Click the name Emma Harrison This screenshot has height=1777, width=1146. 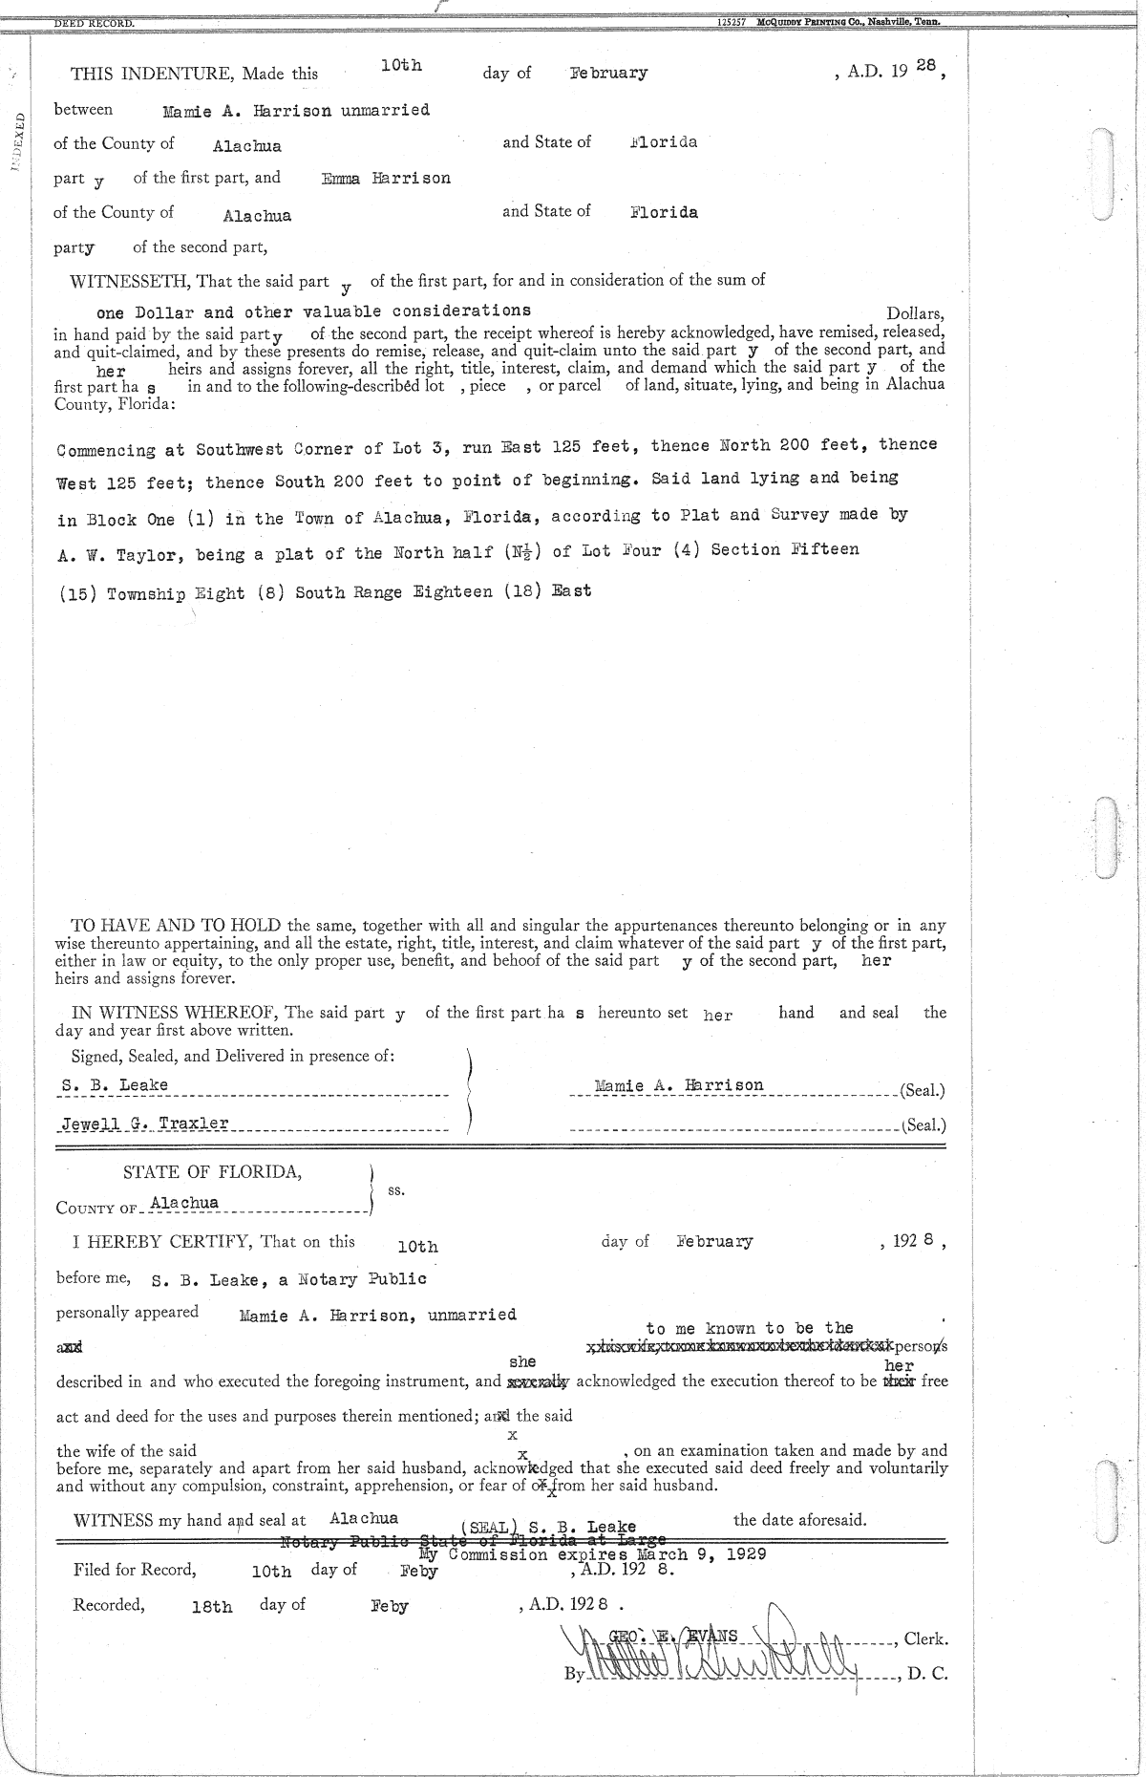[x=386, y=179]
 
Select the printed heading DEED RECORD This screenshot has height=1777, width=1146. [x=94, y=21]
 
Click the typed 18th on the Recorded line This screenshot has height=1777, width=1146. [x=212, y=1607]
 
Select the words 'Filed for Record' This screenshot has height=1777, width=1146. [x=135, y=1570]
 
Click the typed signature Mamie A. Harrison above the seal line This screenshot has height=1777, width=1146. [x=678, y=1086]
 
